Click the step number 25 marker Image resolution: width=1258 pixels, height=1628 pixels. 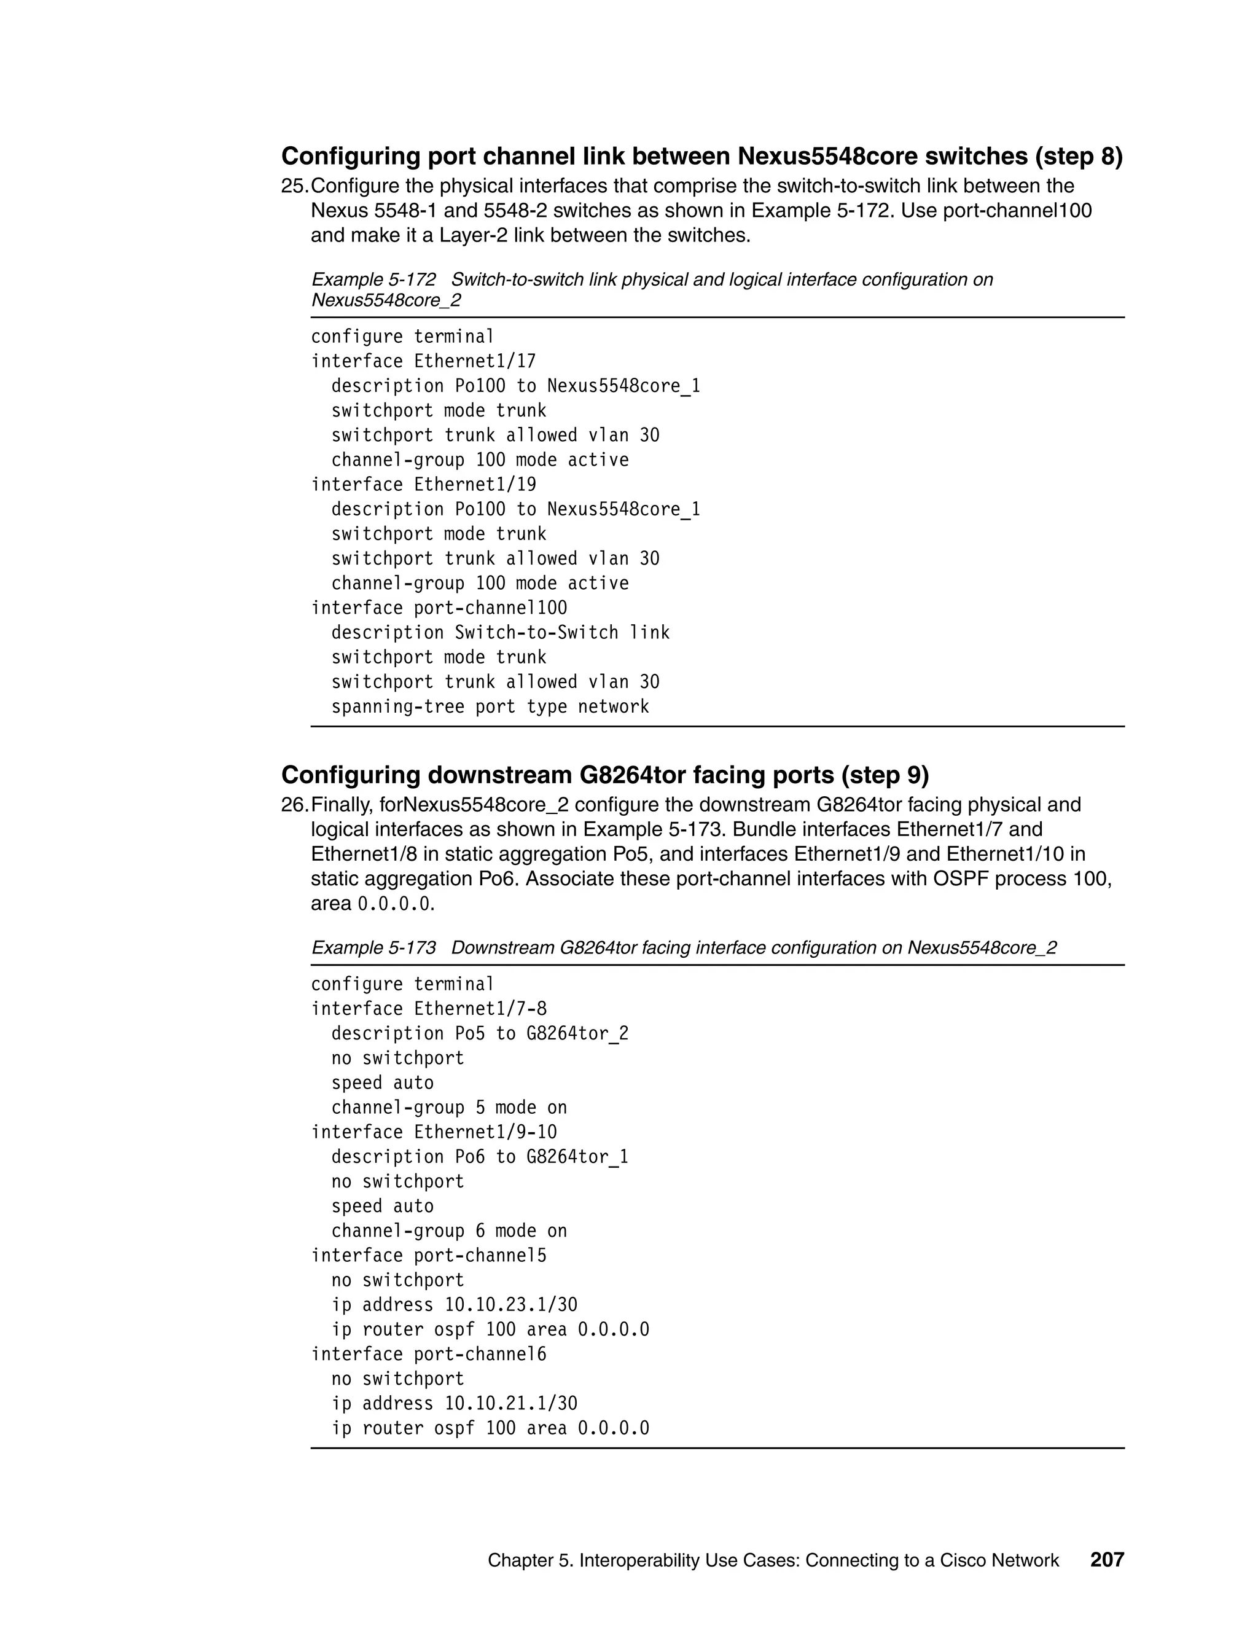[294, 186]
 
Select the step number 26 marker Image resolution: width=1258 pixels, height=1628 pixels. [294, 805]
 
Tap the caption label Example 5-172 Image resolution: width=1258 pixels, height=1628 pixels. [373, 280]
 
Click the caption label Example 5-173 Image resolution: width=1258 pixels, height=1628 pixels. [373, 947]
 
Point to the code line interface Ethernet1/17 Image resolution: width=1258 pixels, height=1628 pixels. [423, 361]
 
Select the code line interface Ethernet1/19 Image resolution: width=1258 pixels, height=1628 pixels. [423, 485]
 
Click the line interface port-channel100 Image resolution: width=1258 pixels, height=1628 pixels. [439, 608]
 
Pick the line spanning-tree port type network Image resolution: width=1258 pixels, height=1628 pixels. [490, 706]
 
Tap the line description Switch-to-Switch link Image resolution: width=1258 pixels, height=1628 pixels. [500, 633]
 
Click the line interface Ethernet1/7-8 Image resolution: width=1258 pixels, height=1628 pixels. [429, 1009]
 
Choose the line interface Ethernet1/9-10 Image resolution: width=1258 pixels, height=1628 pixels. [434, 1132]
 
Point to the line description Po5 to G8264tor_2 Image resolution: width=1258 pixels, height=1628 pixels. [479, 1034]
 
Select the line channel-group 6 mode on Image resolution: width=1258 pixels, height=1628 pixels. [448, 1231]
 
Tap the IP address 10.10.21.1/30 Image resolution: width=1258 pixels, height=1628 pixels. [510, 1404]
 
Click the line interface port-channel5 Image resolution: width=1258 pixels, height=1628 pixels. [429, 1255]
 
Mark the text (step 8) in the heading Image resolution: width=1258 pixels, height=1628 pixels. [1077, 157]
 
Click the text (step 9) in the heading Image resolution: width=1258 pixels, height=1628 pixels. [885, 775]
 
